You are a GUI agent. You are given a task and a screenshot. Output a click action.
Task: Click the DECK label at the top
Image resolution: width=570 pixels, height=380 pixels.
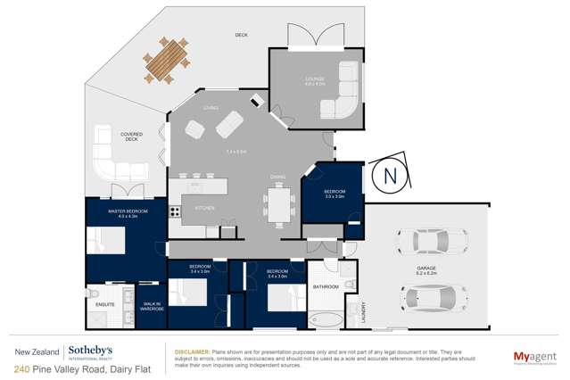241,35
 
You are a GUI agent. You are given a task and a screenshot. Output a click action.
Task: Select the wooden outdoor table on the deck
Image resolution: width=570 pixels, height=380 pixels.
167,61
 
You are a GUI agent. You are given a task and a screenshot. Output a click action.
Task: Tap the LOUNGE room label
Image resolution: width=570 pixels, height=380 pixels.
315,79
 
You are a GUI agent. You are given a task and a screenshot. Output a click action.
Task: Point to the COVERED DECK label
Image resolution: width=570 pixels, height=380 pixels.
131,136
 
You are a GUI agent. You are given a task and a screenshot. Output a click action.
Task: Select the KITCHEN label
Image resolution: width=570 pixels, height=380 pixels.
205,208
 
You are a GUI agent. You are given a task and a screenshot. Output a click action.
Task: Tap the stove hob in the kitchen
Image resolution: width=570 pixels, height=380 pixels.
176,212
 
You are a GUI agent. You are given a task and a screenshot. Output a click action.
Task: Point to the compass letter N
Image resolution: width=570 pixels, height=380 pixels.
389,177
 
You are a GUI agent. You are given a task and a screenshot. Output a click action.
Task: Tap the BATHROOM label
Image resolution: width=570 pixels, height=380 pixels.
326,286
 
